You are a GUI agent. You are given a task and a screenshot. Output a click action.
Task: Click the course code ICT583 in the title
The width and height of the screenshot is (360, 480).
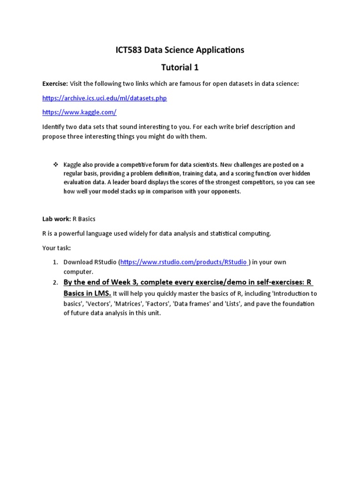click(x=129, y=50)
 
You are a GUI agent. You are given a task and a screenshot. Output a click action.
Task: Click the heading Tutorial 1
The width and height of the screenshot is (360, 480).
click(x=180, y=67)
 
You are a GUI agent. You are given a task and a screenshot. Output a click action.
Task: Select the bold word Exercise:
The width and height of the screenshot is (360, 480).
click(x=55, y=83)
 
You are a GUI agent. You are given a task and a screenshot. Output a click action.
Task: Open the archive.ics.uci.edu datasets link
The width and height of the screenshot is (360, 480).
click(x=104, y=98)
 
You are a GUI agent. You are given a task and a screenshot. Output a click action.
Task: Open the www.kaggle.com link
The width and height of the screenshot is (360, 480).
click(x=79, y=112)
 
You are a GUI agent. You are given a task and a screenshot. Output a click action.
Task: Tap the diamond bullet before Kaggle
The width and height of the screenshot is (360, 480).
click(x=55, y=165)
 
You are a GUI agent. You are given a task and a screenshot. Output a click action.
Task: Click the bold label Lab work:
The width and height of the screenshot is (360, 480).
click(x=56, y=219)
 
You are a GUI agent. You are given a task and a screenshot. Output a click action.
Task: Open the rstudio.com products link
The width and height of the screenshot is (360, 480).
click(x=184, y=262)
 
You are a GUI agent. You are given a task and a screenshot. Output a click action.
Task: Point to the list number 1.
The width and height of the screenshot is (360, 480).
click(x=55, y=262)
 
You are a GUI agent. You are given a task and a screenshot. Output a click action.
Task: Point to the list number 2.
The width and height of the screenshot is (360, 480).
click(x=55, y=283)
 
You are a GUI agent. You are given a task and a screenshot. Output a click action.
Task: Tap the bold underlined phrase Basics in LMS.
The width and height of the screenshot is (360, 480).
click(x=87, y=293)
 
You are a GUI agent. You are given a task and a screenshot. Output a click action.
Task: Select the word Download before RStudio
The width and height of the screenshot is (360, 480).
click(x=77, y=262)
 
